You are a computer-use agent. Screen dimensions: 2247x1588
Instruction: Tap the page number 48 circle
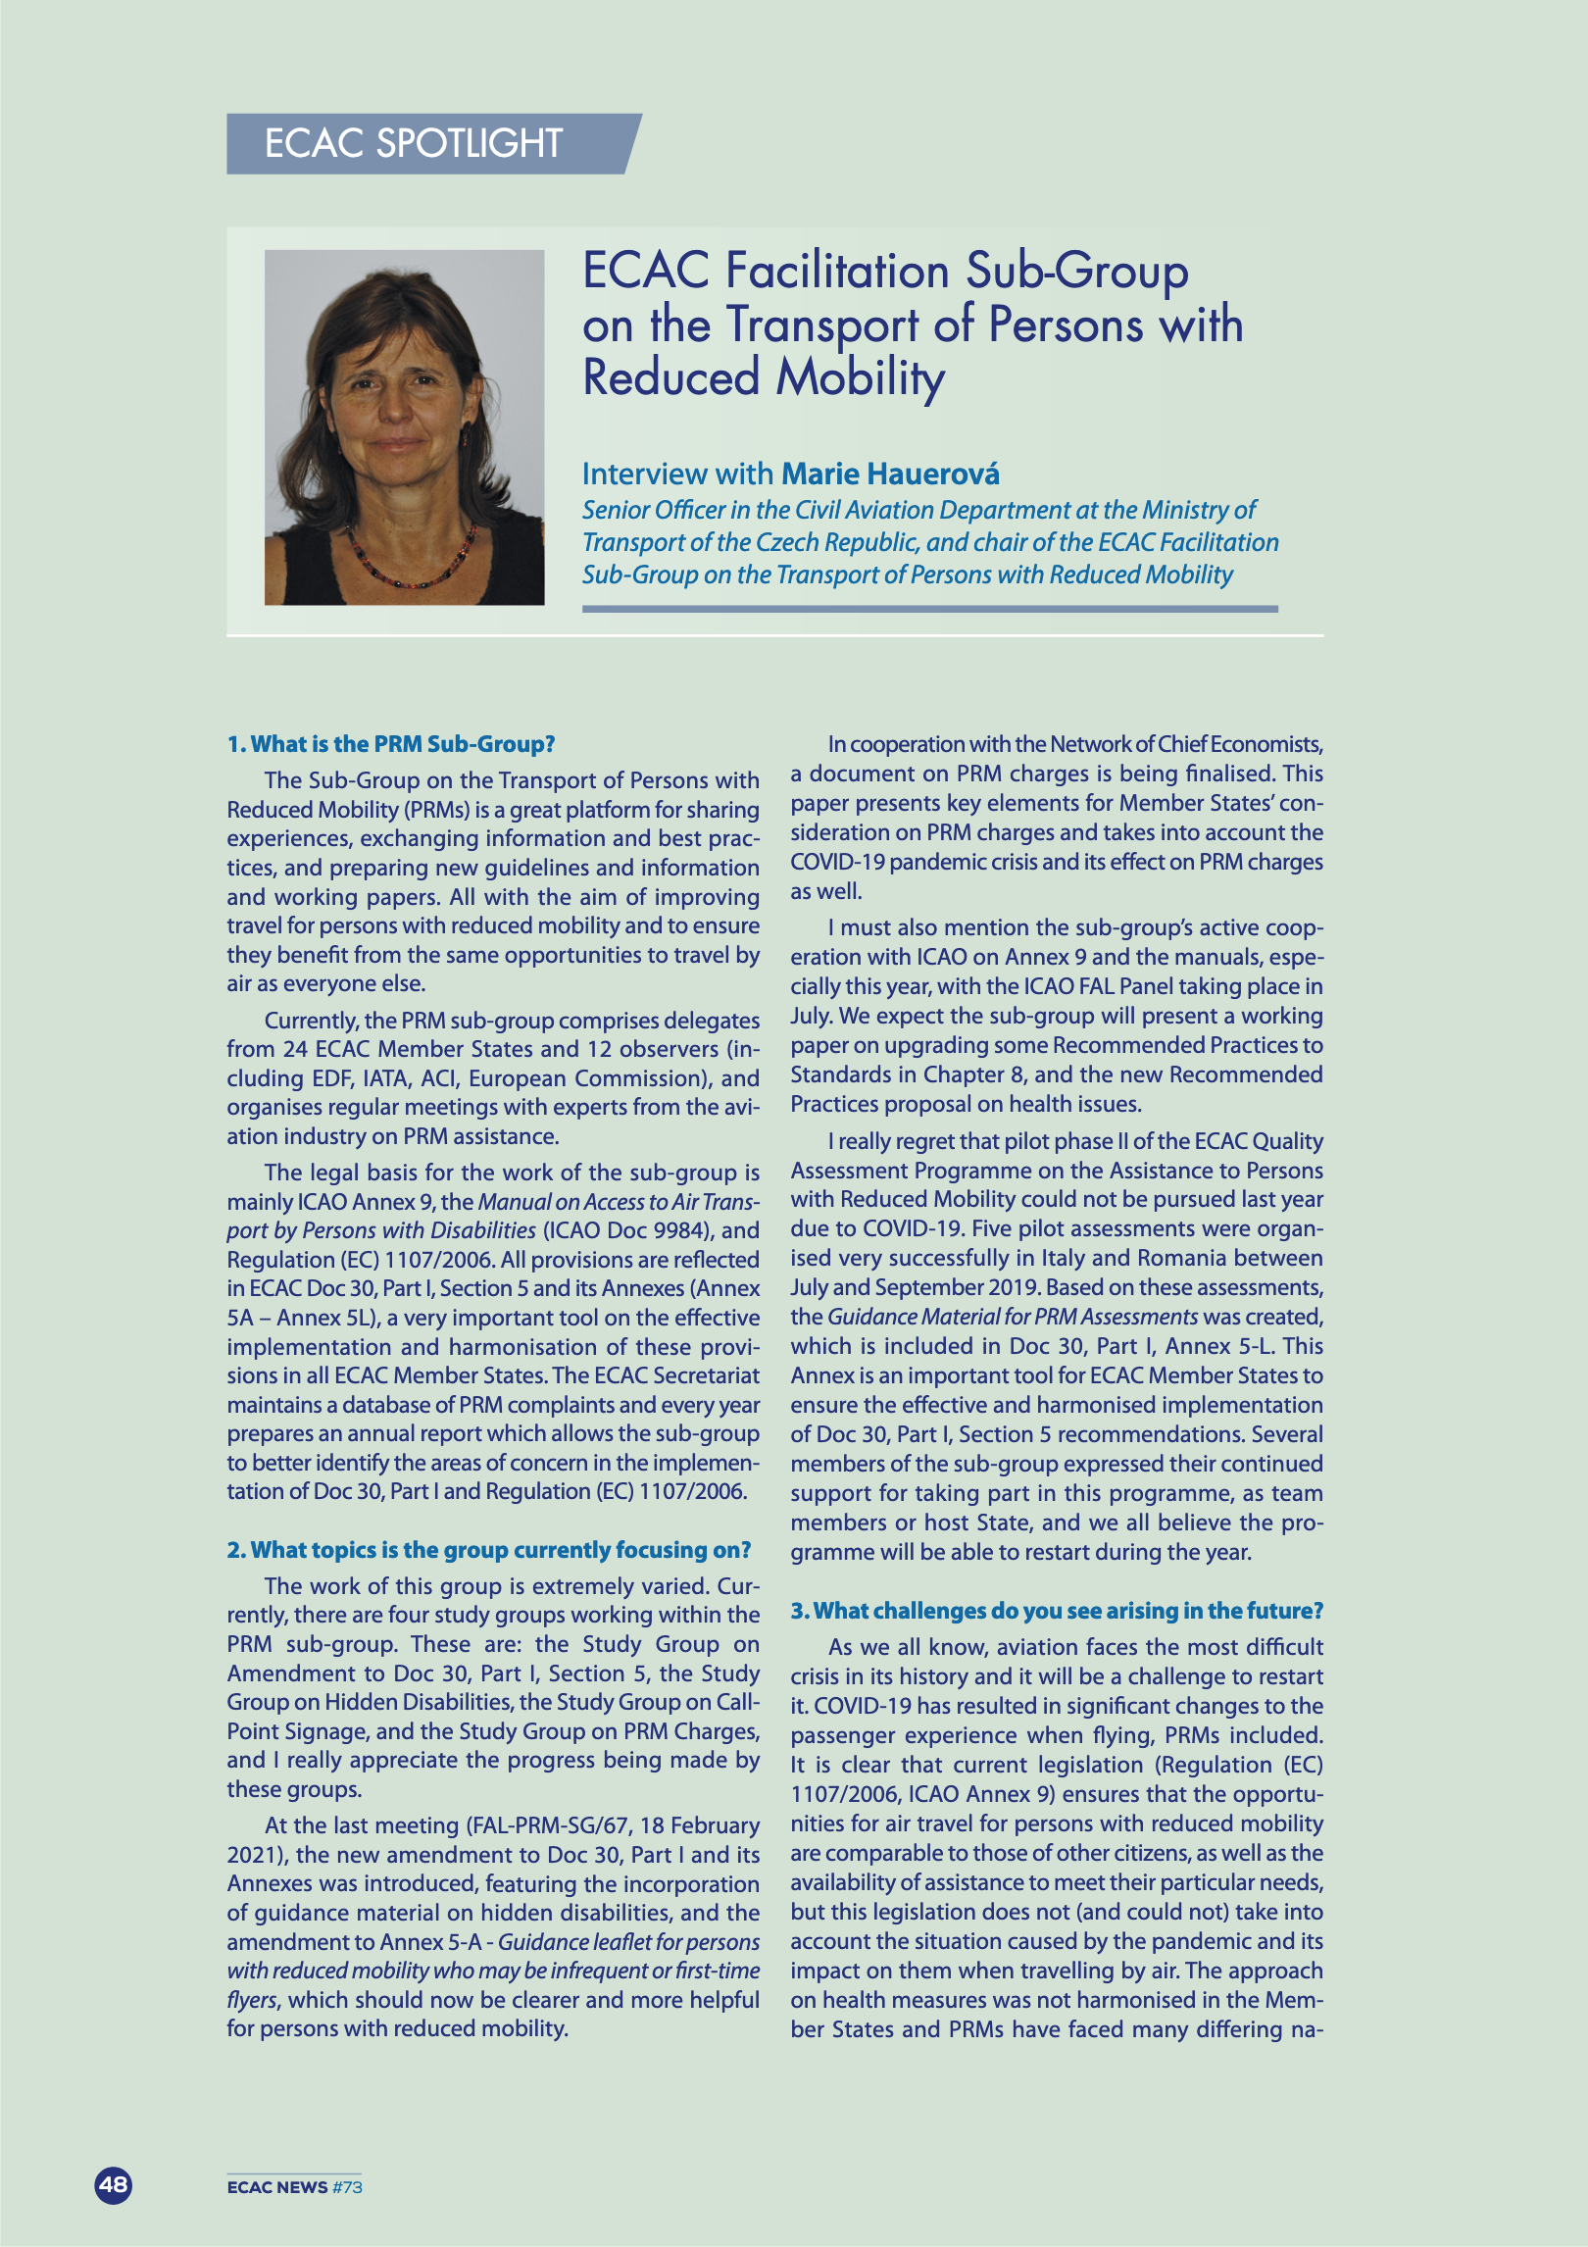click(x=113, y=2184)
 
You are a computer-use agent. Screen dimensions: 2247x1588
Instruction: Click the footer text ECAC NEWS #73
click(x=294, y=2187)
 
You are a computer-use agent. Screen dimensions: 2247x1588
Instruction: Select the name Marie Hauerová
click(x=890, y=474)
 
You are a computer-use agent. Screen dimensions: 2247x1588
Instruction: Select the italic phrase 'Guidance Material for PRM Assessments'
click(x=1013, y=1317)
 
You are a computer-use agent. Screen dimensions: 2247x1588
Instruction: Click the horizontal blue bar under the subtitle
click(x=929, y=609)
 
